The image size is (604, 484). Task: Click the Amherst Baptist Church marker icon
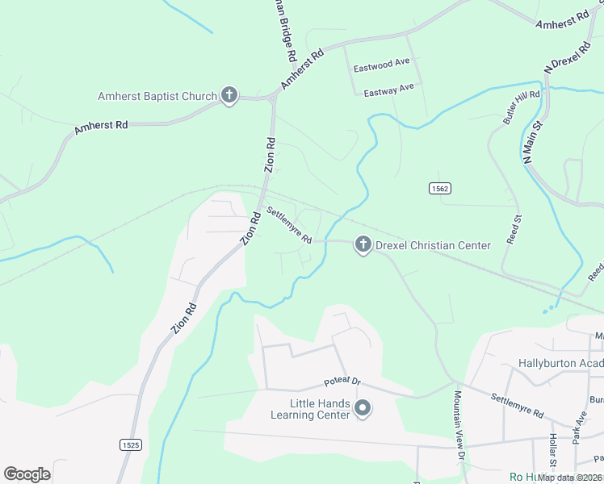(x=229, y=97)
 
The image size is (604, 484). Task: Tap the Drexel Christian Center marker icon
(x=363, y=244)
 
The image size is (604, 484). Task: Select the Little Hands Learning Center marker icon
(x=363, y=410)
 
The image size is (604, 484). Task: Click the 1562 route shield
(x=439, y=188)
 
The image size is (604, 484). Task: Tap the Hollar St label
(x=553, y=451)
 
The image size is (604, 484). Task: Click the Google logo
(x=27, y=474)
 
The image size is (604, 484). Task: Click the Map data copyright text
(x=570, y=478)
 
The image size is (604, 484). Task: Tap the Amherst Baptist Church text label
(x=157, y=97)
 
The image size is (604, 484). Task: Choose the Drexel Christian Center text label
(x=434, y=245)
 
